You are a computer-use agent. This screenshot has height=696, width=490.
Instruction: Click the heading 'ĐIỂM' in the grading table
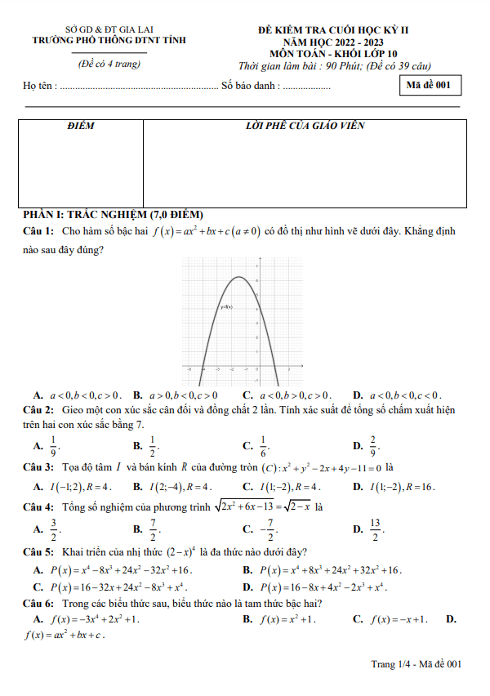(81, 127)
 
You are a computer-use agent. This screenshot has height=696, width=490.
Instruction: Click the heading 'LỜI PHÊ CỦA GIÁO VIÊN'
(305, 127)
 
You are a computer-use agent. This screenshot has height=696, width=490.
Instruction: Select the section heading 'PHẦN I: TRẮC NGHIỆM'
(110, 214)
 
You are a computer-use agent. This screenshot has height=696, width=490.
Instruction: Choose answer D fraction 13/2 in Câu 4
(375, 528)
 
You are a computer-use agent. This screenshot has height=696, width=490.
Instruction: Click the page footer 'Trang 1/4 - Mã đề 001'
(416, 665)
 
